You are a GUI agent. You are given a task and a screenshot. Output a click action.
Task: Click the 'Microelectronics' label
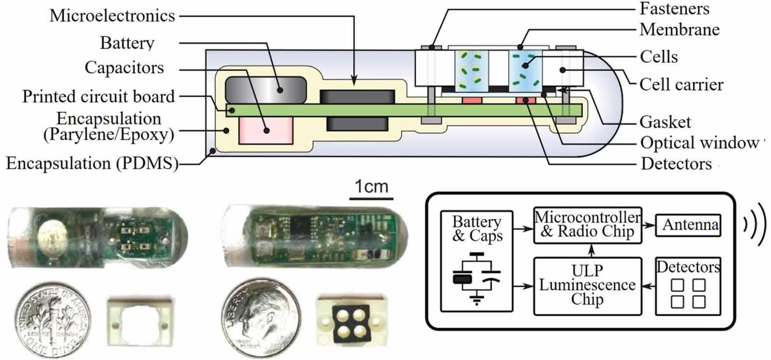pyautogui.click(x=112, y=16)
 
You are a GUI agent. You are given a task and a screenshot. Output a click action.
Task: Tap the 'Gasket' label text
pyautogui.click(x=665, y=122)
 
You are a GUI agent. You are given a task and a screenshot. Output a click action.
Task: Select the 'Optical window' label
pyautogui.click(x=699, y=143)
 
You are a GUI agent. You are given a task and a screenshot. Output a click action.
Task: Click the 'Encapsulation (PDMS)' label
pyautogui.click(x=92, y=163)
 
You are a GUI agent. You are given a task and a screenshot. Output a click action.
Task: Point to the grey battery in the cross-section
pyautogui.click(x=266, y=90)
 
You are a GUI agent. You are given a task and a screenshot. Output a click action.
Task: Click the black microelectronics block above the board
pyautogui.click(x=357, y=96)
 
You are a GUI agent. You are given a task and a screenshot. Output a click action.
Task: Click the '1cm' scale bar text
pyautogui.click(x=371, y=187)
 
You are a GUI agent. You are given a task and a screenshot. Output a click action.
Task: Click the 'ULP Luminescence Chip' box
pyautogui.click(x=587, y=285)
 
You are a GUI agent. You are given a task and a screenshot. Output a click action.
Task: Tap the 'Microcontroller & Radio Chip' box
pyautogui.click(x=587, y=225)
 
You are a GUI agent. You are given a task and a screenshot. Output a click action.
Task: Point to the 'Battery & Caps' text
pyautogui.click(x=477, y=228)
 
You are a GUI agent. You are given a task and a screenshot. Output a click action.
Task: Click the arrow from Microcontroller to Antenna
pyautogui.click(x=649, y=225)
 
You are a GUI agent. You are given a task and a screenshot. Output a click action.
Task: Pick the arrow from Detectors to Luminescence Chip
pyautogui.click(x=649, y=286)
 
